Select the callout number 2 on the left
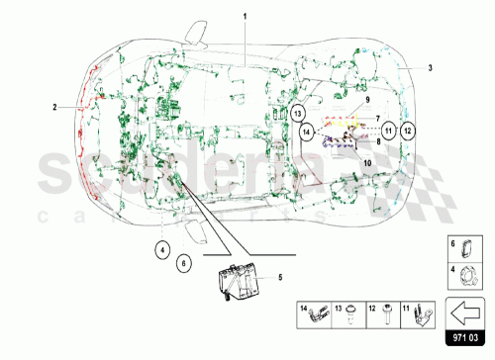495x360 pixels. pyautogui.click(x=54, y=105)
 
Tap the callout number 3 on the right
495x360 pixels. pyautogui.click(x=431, y=68)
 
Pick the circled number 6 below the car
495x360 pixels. pyautogui.click(x=183, y=264)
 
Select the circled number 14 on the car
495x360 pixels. pyautogui.click(x=308, y=131)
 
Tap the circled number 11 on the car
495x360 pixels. pyautogui.click(x=390, y=130)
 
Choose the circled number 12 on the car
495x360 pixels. pyautogui.click(x=409, y=130)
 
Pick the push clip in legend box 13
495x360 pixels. pyautogui.click(x=352, y=317)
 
